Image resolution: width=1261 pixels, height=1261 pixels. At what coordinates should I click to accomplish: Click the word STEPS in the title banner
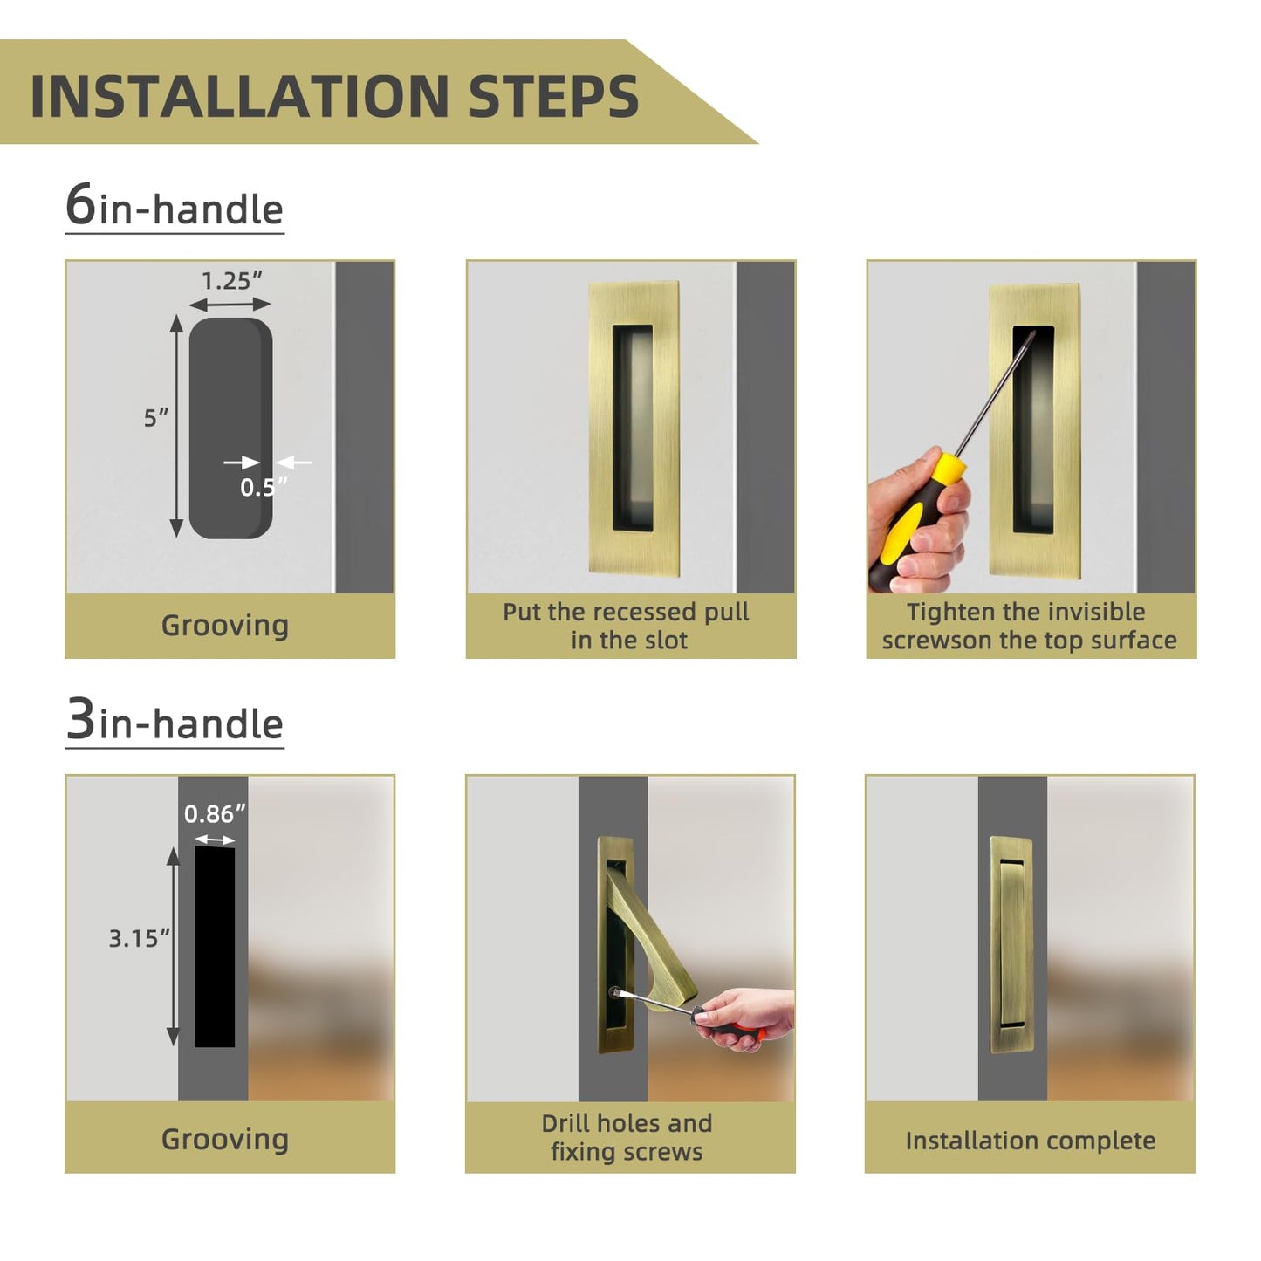point(553,96)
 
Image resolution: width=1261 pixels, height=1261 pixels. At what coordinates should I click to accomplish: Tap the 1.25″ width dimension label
point(231,281)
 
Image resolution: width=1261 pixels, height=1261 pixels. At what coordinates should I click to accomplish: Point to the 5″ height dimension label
point(155,417)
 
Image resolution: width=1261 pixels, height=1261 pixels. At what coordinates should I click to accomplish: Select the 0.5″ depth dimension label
point(263,487)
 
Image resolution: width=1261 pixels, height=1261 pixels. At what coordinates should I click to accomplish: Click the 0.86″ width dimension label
point(215,813)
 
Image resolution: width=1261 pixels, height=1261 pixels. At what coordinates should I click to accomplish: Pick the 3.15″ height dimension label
point(139,938)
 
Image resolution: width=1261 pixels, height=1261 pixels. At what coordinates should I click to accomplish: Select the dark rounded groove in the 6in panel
point(230,428)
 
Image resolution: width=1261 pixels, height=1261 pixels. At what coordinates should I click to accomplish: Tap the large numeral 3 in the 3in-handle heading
point(80,718)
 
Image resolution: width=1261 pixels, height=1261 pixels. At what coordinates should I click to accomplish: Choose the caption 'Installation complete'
point(1030,1141)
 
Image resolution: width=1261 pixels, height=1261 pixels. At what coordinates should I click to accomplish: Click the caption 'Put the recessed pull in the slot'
point(627,626)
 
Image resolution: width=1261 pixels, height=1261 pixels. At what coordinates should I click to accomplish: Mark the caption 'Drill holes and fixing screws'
point(627,1137)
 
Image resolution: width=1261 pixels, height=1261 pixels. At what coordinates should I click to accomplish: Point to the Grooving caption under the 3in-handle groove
point(225,1140)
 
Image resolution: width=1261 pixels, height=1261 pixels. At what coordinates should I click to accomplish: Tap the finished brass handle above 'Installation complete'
point(1011,944)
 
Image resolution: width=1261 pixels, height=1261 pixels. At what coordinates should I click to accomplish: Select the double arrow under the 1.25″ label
point(230,305)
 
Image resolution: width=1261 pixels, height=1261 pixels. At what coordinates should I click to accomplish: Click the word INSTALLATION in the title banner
point(239,96)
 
